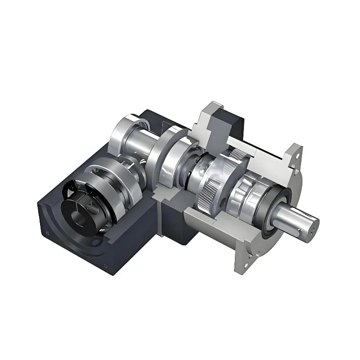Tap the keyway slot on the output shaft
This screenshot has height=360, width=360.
point(298,229)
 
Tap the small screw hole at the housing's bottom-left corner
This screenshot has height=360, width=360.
point(47,233)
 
